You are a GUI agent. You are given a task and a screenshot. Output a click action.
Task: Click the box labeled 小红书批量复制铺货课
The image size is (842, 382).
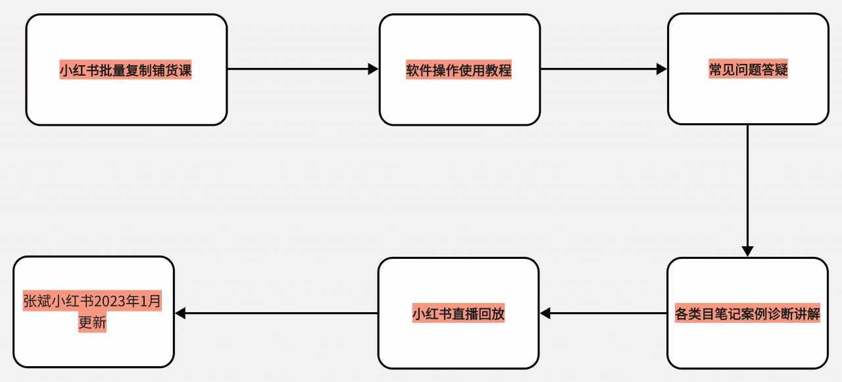[126, 99]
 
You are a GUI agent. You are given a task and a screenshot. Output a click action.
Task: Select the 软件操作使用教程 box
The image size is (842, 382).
[459, 99]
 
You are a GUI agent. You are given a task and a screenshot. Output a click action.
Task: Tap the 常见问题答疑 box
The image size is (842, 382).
[748, 99]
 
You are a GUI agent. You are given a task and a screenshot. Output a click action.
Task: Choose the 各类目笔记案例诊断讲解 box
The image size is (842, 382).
[747, 342]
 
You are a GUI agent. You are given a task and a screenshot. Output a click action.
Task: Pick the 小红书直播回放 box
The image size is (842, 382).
[458, 342]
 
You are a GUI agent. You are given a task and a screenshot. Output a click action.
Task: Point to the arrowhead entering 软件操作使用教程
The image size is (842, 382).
[374, 68]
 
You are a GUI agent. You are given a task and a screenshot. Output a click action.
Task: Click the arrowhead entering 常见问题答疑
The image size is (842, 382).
[662, 68]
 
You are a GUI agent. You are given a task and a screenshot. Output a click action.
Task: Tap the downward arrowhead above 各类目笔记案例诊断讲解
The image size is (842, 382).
[747, 252]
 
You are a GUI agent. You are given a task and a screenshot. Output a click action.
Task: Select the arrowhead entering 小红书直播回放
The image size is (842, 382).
[545, 313]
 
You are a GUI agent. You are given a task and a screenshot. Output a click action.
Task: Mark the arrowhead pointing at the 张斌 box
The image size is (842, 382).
[180, 313]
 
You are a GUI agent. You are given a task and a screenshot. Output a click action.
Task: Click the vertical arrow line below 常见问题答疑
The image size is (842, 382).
[747, 184]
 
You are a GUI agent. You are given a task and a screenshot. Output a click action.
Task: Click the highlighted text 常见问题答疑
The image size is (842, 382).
[748, 69]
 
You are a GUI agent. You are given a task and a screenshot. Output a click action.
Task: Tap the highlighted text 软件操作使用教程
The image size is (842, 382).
[459, 70]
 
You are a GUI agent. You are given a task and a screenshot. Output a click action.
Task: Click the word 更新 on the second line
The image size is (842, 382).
[92, 323]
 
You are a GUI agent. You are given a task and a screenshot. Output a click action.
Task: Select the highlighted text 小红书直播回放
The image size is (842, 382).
[458, 314]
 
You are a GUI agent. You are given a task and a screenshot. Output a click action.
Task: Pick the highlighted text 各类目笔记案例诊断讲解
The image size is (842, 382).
[747, 314]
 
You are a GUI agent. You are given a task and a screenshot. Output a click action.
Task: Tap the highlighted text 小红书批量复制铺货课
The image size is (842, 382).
[126, 70]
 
